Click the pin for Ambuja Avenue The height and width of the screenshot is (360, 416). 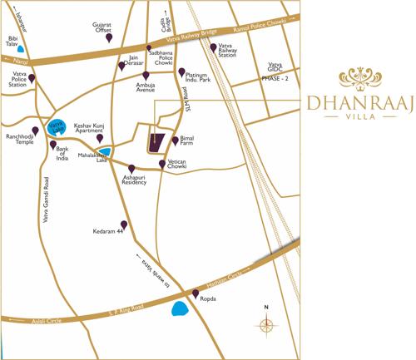click(146, 76)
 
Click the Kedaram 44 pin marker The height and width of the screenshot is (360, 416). click(125, 224)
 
